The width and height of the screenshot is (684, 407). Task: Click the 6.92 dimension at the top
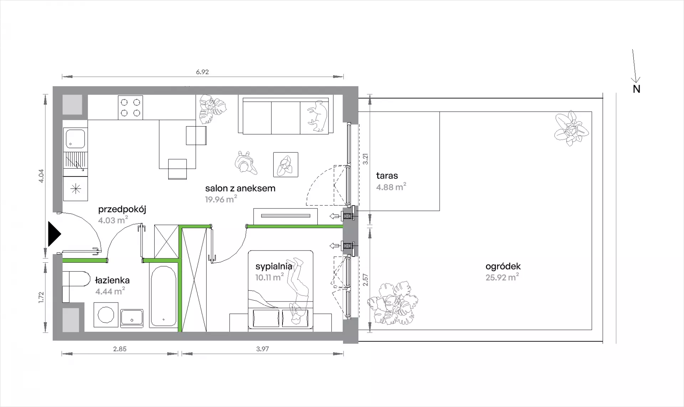point(202,72)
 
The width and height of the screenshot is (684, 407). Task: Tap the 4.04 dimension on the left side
point(41,176)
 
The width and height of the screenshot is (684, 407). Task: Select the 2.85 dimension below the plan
point(120,349)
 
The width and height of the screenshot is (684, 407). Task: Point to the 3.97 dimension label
point(263,349)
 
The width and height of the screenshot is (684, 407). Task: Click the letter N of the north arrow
point(637,89)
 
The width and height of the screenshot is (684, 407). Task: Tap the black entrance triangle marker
point(55,234)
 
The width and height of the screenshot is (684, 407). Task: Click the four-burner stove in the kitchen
point(130,108)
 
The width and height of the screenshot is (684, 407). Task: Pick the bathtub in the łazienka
point(163,297)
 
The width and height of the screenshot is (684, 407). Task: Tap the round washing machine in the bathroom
point(106,315)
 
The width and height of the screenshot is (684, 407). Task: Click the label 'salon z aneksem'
point(240,188)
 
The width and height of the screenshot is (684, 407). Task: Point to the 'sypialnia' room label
point(274,266)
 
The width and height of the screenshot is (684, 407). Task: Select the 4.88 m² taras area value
point(391,187)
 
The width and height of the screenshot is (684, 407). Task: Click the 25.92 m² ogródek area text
point(502,277)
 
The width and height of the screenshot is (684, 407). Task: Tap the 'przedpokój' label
point(122,210)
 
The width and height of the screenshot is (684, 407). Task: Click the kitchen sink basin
point(75,139)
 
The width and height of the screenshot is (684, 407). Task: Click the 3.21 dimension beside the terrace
point(365,159)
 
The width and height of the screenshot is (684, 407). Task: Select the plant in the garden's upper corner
point(571,129)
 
